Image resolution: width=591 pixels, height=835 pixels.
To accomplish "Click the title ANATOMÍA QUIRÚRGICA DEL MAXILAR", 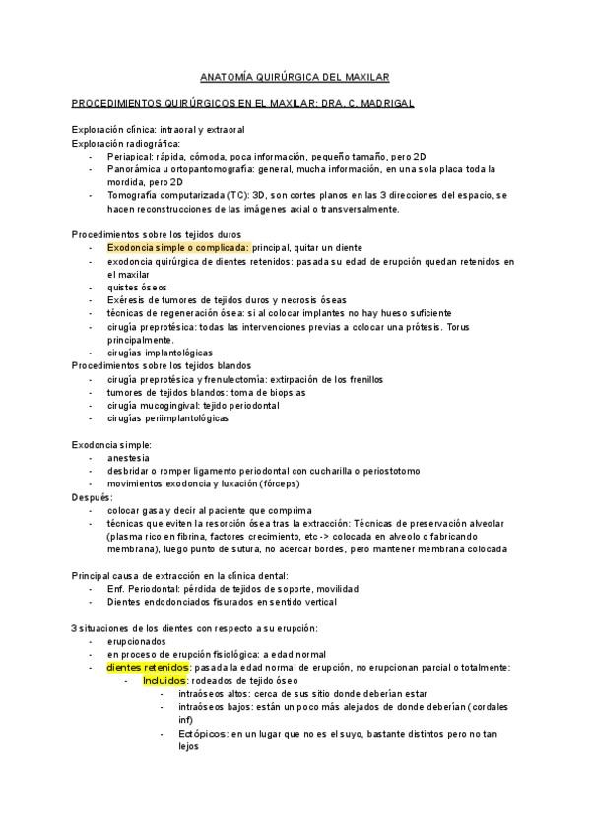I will [x=295, y=76].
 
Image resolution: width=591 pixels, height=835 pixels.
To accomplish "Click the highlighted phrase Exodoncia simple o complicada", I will [x=178, y=248].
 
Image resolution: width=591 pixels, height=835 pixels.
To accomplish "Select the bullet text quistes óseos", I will [x=140, y=288].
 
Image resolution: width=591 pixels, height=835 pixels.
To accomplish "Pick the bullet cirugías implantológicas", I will [x=160, y=353].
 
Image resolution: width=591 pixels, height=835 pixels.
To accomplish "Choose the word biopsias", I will [x=283, y=392].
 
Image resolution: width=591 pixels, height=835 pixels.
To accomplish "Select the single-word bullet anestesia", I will [x=129, y=458].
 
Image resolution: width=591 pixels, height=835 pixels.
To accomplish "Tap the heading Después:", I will [x=93, y=497].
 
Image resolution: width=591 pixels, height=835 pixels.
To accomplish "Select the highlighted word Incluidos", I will [x=164, y=680].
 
